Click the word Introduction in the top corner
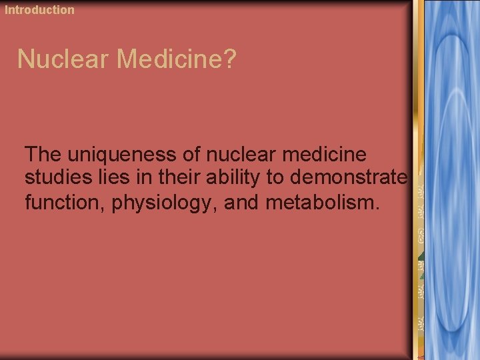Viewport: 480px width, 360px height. [40, 9]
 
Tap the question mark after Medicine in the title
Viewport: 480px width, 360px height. [229, 59]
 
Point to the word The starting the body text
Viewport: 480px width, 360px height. [43, 155]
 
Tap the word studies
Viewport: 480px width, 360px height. [55, 177]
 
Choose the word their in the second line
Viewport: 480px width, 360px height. [167, 177]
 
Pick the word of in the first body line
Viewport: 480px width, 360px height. [193, 155]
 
